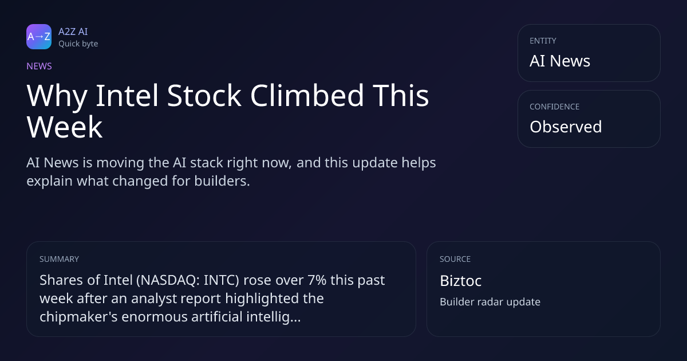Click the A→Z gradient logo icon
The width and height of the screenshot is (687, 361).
pos(39,37)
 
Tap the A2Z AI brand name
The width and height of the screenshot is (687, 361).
pos(73,32)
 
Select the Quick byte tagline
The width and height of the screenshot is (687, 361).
pos(78,44)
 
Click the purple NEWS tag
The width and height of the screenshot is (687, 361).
pos(39,66)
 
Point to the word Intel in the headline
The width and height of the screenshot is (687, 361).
pos(127,96)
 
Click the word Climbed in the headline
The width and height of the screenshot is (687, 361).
pos(307,96)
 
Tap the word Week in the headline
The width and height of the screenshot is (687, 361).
pos(64,127)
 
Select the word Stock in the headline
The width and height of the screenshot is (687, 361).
pos(204,96)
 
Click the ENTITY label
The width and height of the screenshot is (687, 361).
pos(543,41)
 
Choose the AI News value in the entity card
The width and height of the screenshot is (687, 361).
pos(560,61)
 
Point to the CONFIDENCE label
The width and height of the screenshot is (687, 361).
pos(555,107)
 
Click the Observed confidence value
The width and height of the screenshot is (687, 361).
pos(566,127)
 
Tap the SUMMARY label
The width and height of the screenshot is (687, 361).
pos(59,259)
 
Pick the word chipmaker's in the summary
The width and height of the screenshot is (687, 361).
pos(78,316)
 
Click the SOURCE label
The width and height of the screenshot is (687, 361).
pos(455,259)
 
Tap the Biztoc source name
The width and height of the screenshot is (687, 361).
pos(461,281)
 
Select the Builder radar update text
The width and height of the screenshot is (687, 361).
pos(490,302)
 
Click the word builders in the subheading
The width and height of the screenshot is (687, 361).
pos(222,181)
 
